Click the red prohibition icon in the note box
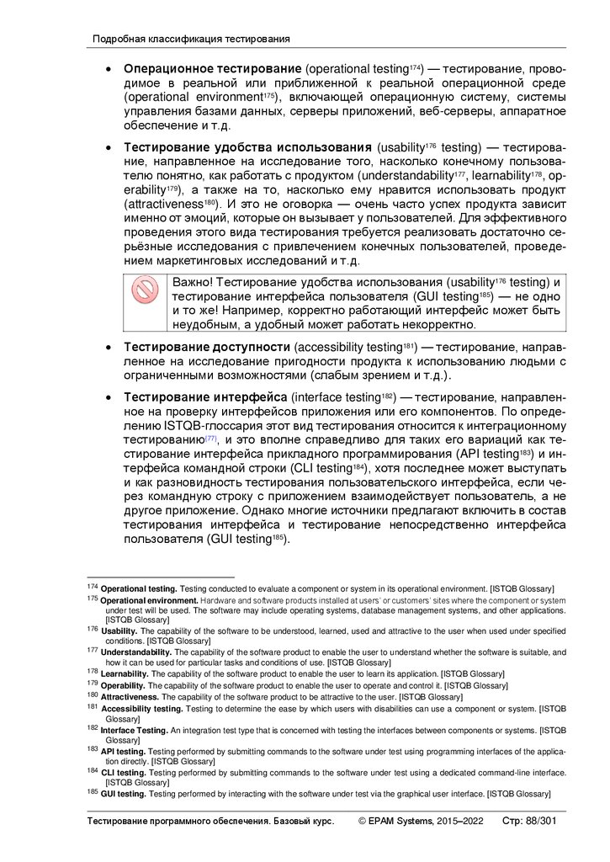pyautogui.click(x=145, y=291)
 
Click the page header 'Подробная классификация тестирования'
pyautogui.click(x=191, y=39)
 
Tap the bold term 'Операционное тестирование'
pyautogui.click(x=212, y=67)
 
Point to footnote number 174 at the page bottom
pyautogui.click(x=93, y=587)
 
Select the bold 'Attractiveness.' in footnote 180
pyautogui.click(x=130, y=697)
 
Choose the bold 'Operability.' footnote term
pyautogui.click(x=125, y=685)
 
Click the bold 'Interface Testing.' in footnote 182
pyautogui.click(x=135, y=730)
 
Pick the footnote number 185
pyautogui.click(x=93, y=793)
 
